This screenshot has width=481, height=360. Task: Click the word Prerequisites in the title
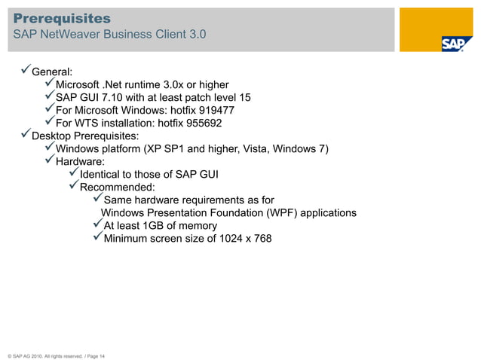(62, 17)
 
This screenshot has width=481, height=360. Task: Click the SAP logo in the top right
(456, 44)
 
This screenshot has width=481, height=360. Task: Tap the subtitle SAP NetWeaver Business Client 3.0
(109, 35)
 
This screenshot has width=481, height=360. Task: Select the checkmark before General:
(25, 72)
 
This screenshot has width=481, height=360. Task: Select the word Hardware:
(81, 161)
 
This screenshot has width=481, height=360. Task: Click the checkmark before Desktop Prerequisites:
(25, 136)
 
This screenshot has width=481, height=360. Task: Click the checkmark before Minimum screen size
(97, 239)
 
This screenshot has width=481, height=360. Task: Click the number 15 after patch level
(244, 98)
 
